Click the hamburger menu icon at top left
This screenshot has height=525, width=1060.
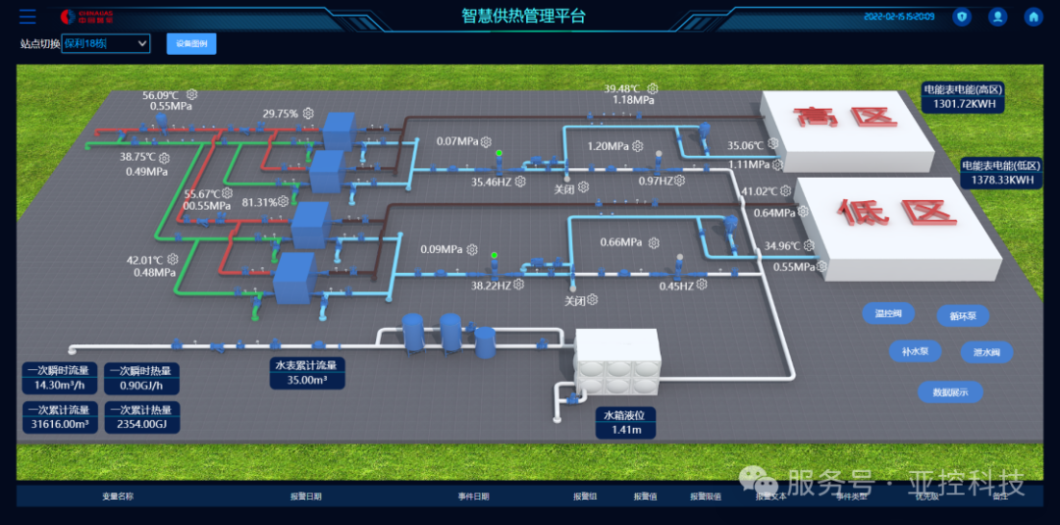coord(27,17)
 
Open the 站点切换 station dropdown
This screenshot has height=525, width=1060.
coord(106,43)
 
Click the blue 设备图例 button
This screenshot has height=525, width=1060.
coord(191,43)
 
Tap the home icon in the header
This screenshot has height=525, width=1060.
coord(1033,17)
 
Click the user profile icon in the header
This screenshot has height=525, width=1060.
coord(997,17)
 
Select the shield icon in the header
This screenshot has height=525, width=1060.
coord(962,17)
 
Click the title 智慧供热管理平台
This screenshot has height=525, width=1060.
coord(523,15)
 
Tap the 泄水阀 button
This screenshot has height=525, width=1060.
coord(985,351)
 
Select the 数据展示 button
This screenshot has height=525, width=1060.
coord(950,392)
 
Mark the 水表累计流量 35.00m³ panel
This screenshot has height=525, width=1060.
coord(312,373)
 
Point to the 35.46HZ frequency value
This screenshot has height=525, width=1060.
coord(492,182)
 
